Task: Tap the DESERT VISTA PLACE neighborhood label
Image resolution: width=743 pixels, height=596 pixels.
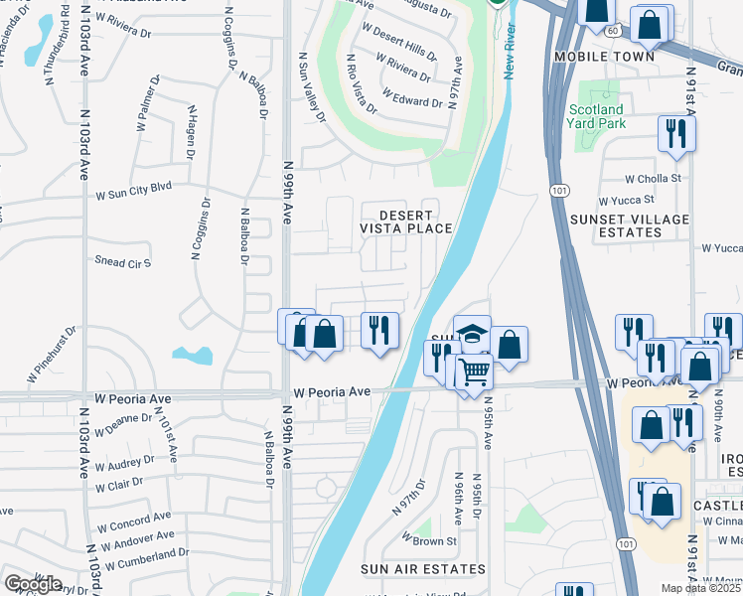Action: coord(406,222)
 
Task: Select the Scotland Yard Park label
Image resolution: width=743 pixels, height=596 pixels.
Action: coord(596,116)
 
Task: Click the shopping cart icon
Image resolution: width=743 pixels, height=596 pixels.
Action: coord(475,372)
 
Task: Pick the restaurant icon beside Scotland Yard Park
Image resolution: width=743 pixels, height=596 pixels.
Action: coord(676,132)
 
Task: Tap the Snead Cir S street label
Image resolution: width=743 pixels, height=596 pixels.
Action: coord(123,263)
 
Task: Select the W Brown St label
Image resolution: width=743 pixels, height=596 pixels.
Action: coord(428,541)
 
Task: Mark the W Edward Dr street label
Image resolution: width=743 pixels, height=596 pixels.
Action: coord(412,102)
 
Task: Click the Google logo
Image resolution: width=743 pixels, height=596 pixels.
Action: coord(33,584)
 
